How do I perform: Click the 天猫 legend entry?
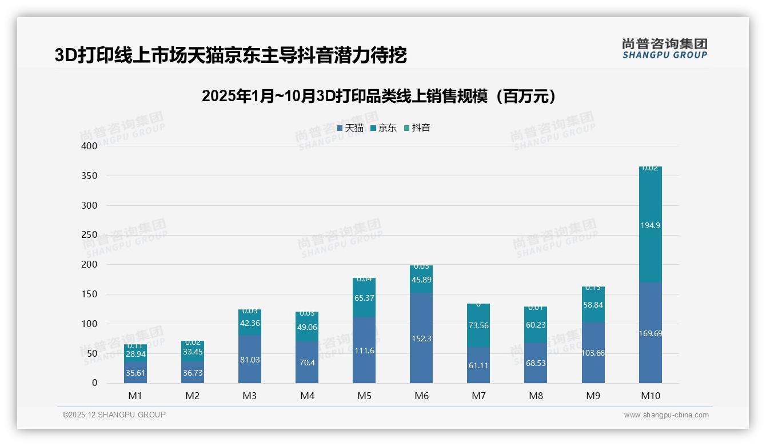point(350,128)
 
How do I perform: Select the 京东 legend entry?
point(384,128)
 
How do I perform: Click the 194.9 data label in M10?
point(651,225)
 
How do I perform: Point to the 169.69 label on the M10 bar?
point(651,333)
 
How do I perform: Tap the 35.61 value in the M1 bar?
point(135,373)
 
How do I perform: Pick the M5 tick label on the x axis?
point(364,396)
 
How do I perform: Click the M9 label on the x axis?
point(593,396)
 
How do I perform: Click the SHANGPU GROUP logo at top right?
point(664,49)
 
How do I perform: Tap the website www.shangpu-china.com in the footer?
point(666,415)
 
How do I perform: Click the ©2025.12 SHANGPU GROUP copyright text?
point(114,415)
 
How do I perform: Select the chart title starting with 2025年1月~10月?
point(378,96)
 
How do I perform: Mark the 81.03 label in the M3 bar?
point(250,360)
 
